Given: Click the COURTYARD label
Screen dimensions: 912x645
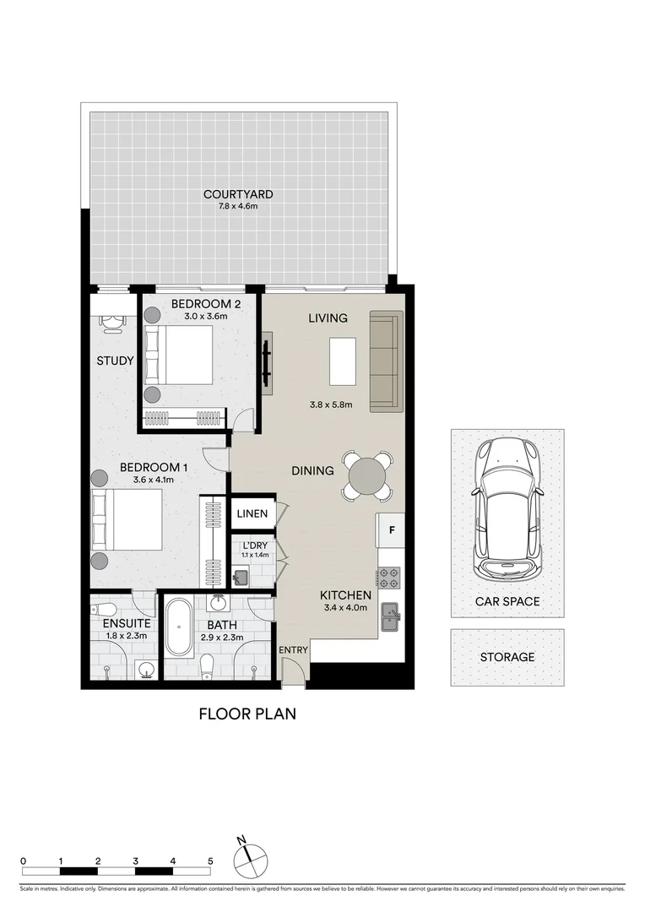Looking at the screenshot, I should point(238,194).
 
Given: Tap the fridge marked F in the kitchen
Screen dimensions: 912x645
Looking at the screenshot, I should point(391,530).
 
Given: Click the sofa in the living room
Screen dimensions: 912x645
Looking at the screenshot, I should point(386,361).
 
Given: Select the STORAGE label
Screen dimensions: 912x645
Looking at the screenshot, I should point(507,657).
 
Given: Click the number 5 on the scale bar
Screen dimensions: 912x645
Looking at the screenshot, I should point(210,861).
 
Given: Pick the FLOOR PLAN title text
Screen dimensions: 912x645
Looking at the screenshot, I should point(247,714).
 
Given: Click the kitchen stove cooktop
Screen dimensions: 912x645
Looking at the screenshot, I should point(389,578).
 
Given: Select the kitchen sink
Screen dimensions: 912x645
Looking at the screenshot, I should point(390,616).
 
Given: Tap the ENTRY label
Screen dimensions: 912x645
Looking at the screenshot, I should point(293,649).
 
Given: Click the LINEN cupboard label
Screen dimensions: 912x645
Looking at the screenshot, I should point(252,513).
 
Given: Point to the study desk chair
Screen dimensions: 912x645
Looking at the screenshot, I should point(111,322).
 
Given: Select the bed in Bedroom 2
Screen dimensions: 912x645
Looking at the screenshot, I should point(179,355).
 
